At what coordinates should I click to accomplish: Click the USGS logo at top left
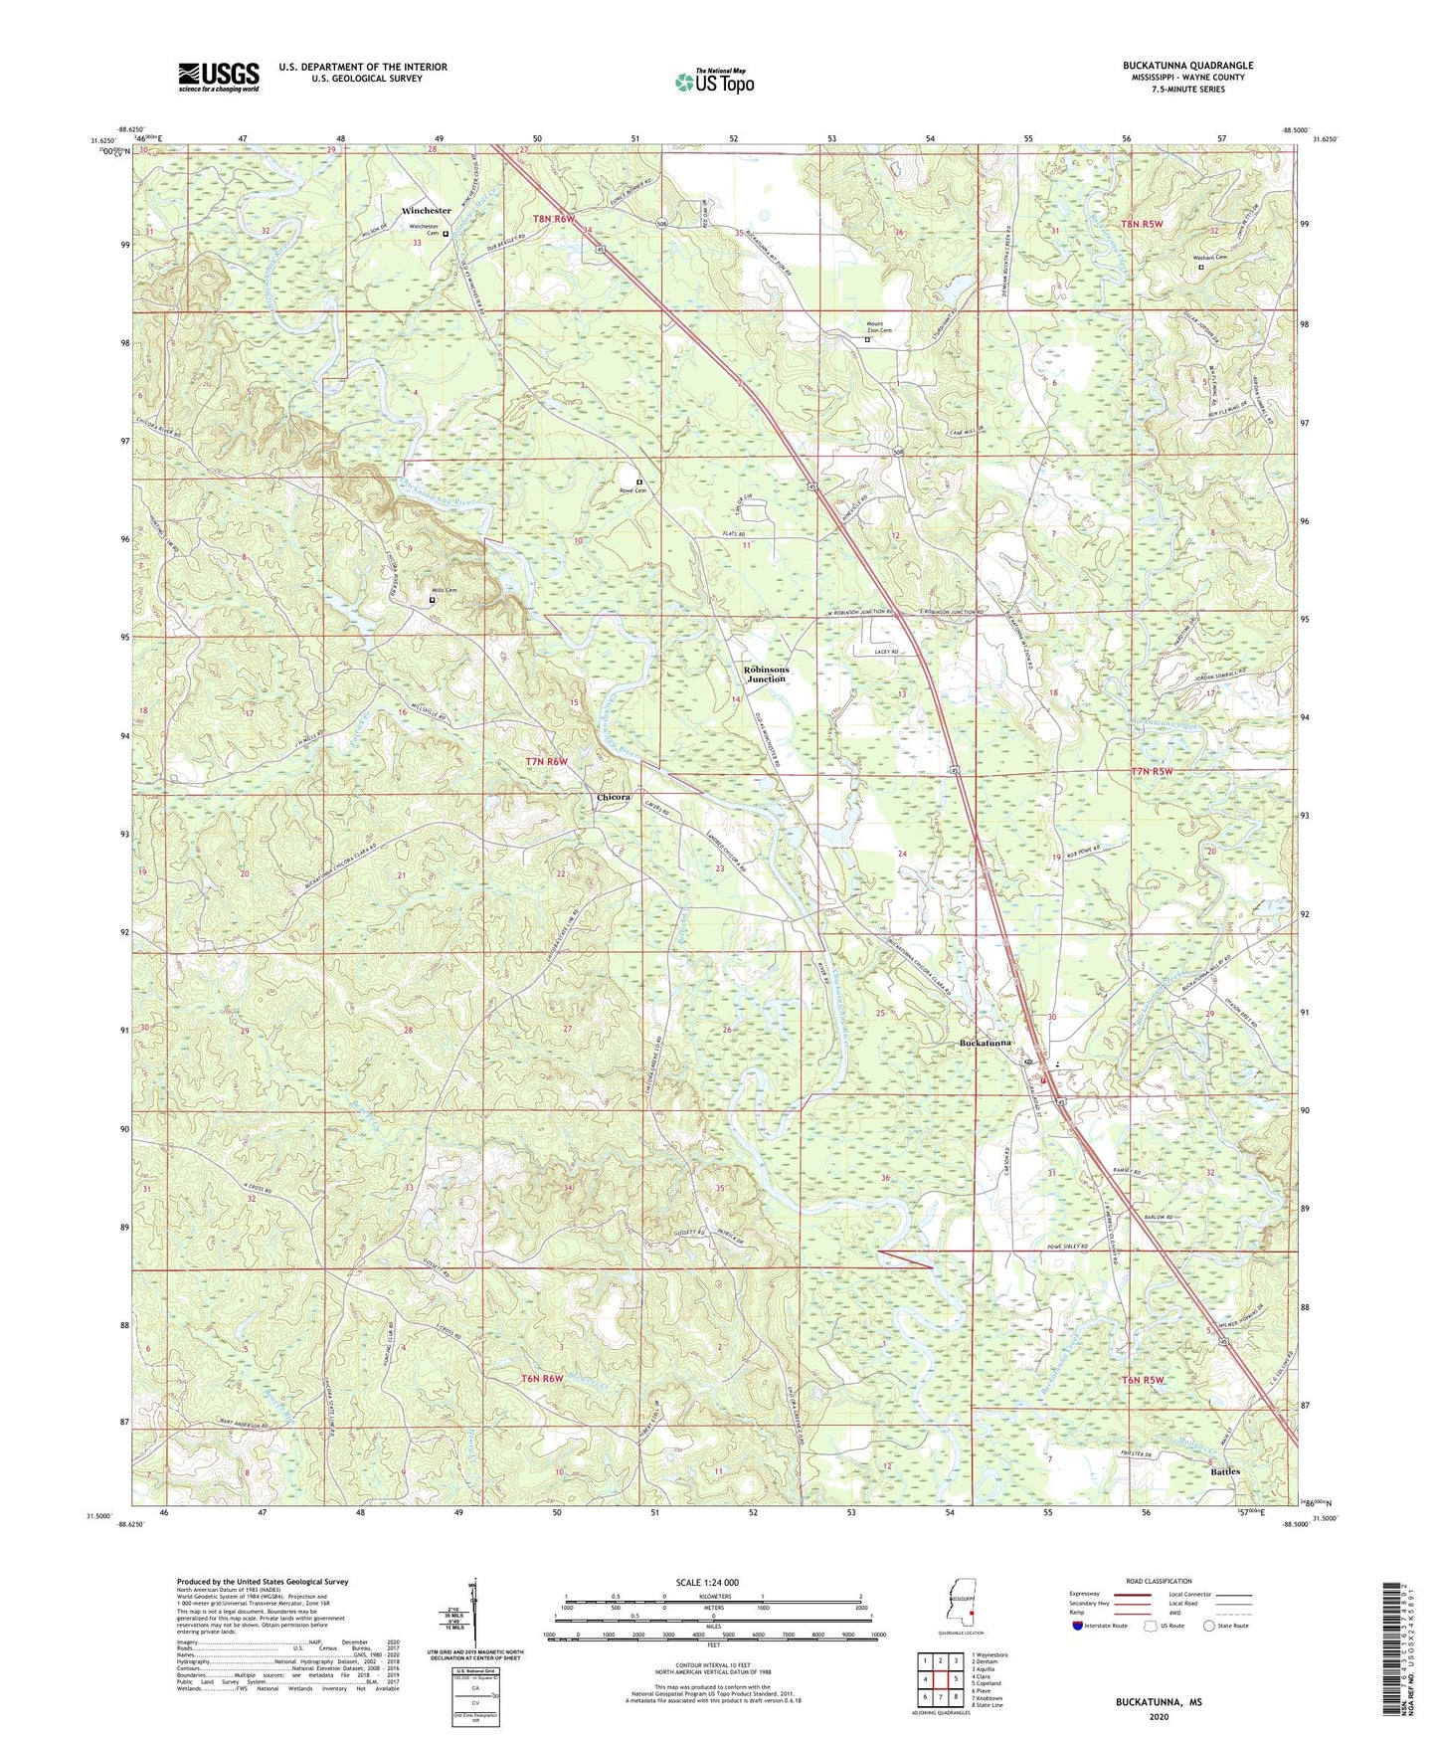pyautogui.click(x=219, y=76)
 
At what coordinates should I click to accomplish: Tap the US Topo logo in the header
pyautogui.click(x=714, y=82)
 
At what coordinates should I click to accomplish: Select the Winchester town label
pyautogui.click(x=427, y=211)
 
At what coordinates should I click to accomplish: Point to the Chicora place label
pyautogui.click(x=613, y=798)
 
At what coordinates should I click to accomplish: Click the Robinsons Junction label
pyautogui.click(x=766, y=675)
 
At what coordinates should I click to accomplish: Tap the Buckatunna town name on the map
pyautogui.click(x=986, y=1043)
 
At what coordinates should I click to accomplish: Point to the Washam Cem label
pyautogui.click(x=1209, y=258)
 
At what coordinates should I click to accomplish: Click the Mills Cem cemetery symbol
pyautogui.click(x=432, y=600)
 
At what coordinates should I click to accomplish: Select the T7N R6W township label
pyautogui.click(x=546, y=762)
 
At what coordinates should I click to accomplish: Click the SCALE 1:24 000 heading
pyautogui.click(x=710, y=1582)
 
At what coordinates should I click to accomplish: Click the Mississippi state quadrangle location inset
pyautogui.click(x=962, y=1606)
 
